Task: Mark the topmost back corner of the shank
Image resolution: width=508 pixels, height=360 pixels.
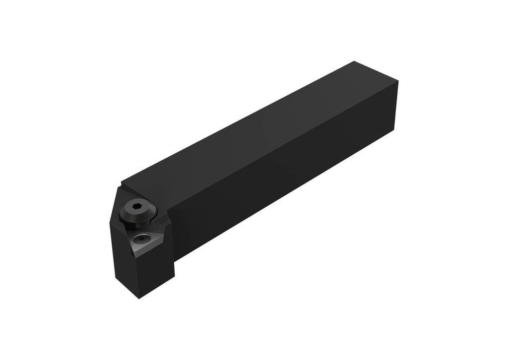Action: pyautogui.click(x=354, y=61)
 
